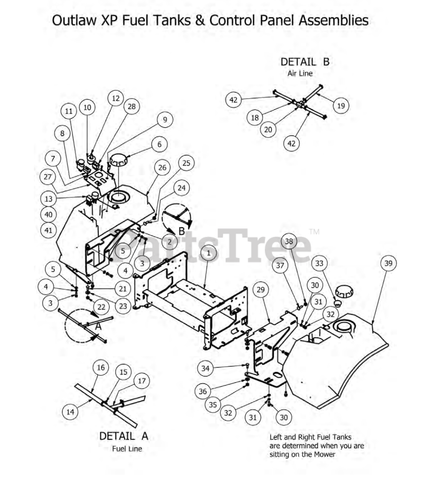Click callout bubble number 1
pyautogui.click(x=209, y=253)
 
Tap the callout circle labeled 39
pyautogui.click(x=388, y=263)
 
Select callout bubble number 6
pyautogui.click(x=159, y=145)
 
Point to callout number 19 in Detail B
pyautogui.click(x=341, y=105)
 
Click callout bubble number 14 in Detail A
pyautogui.click(x=70, y=412)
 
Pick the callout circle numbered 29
pyautogui.click(x=261, y=289)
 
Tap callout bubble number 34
pyautogui.click(x=205, y=368)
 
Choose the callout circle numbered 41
pyautogui.click(x=48, y=230)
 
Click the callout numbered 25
pyautogui.click(x=186, y=163)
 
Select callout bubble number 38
pyautogui.click(x=289, y=241)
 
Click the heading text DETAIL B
pyautogui.click(x=305, y=62)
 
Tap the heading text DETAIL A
pyautogui.click(x=123, y=436)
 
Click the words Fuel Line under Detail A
pyautogui.click(x=127, y=449)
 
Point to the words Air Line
pyautogui.click(x=300, y=73)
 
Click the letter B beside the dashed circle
pyautogui.click(x=181, y=231)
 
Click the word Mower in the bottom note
pyautogui.click(x=325, y=454)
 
